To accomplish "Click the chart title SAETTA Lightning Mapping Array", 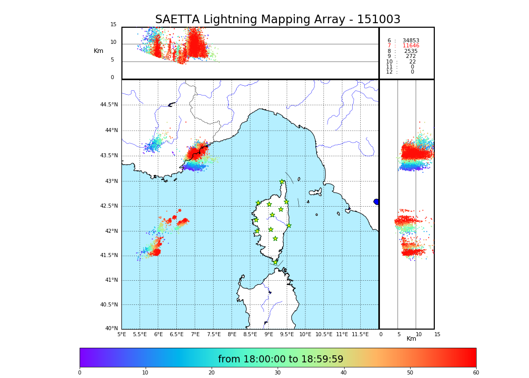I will pyautogui.click(x=278, y=20).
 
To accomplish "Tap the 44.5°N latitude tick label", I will pyautogui.click(x=108, y=105).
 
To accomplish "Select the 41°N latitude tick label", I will pyautogui.click(x=111, y=280).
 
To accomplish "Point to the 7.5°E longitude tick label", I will pyautogui.click(x=214, y=334).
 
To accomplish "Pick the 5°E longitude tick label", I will pyautogui.click(x=121, y=334).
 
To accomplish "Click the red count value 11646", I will pyautogui.click(x=411, y=46).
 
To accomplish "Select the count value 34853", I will pyautogui.click(x=411, y=41).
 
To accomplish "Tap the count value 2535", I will pyautogui.click(x=411, y=51).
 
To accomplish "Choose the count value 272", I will pyautogui.click(x=411, y=56).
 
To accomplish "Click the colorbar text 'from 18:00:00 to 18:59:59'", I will pyautogui.click(x=281, y=359).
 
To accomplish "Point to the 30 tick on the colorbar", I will pyautogui.click(x=278, y=373).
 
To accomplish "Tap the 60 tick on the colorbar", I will pyautogui.click(x=476, y=373).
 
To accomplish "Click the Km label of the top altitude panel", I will pyautogui.click(x=98, y=51).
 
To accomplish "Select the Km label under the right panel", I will pyautogui.click(x=411, y=339).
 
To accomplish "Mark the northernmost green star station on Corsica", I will pyautogui.click(x=282, y=182).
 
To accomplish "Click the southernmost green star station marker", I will pyautogui.click(x=275, y=262).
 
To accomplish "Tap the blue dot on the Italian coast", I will pyautogui.click(x=376, y=202).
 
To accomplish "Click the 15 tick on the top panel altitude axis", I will pyautogui.click(x=113, y=25).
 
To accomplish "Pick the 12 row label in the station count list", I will pyautogui.click(x=389, y=72).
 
